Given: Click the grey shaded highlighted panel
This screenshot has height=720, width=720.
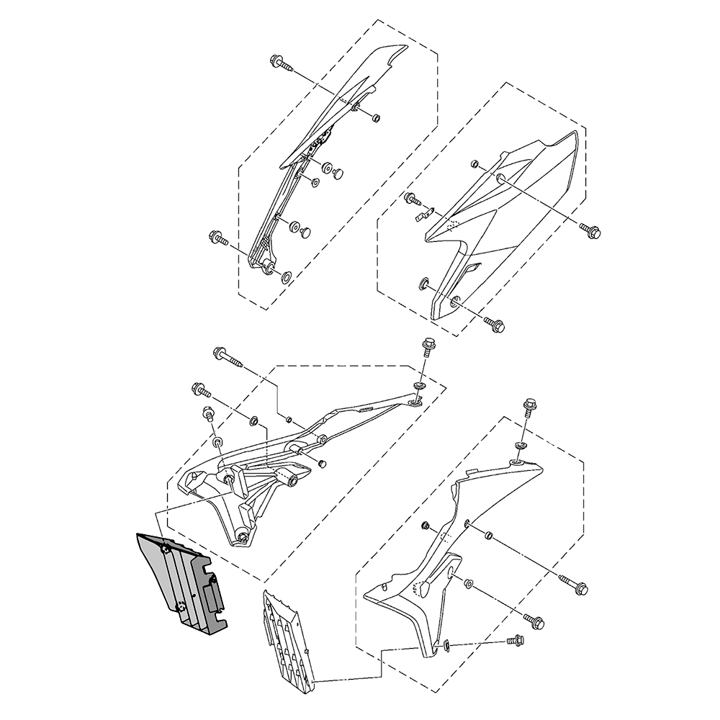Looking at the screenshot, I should (x=180, y=583).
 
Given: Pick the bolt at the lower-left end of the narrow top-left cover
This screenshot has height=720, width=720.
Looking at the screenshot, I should (x=217, y=237).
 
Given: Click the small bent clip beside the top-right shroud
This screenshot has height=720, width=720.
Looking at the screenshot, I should (x=426, y=213).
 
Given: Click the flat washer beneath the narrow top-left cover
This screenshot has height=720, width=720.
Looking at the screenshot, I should (x=285, y=276).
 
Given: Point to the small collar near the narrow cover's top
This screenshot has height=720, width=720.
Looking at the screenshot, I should (x=376, y=118).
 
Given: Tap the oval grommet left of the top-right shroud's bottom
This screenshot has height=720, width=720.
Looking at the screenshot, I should (x=423, y=282).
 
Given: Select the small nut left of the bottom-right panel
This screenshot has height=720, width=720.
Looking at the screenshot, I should (x=426, y=525).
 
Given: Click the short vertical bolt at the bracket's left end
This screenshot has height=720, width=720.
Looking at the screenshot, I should (x=207, y=414).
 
